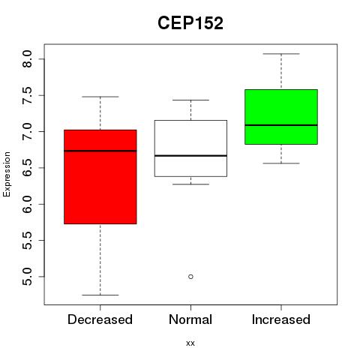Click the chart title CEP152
(x=190, y=23)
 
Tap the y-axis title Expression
(x=7, y=174)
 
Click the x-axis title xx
(x=190, y=343)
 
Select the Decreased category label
(x=100, y=319)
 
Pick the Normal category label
(x=190, y=319)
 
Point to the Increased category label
(x=281, y=319)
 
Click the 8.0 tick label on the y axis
(x=27, y=59)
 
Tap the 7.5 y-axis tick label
(x=27, y=95)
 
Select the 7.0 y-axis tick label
(x=27, y=131)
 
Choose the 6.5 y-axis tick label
(x=27, y=168)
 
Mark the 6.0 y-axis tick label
(x=27, y=204)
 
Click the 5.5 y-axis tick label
(x=27, y=241)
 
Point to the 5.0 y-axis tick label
(x=27, y=277)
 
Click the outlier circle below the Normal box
(x=190, y=277)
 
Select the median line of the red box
(x=100, y=151)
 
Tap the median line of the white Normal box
(x=190, y=156)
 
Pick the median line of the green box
(x=281, y=125)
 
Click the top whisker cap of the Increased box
(x=281, y=54)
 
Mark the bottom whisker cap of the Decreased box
(x=100, y=295)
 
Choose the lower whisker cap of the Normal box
(x=190, y=184)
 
